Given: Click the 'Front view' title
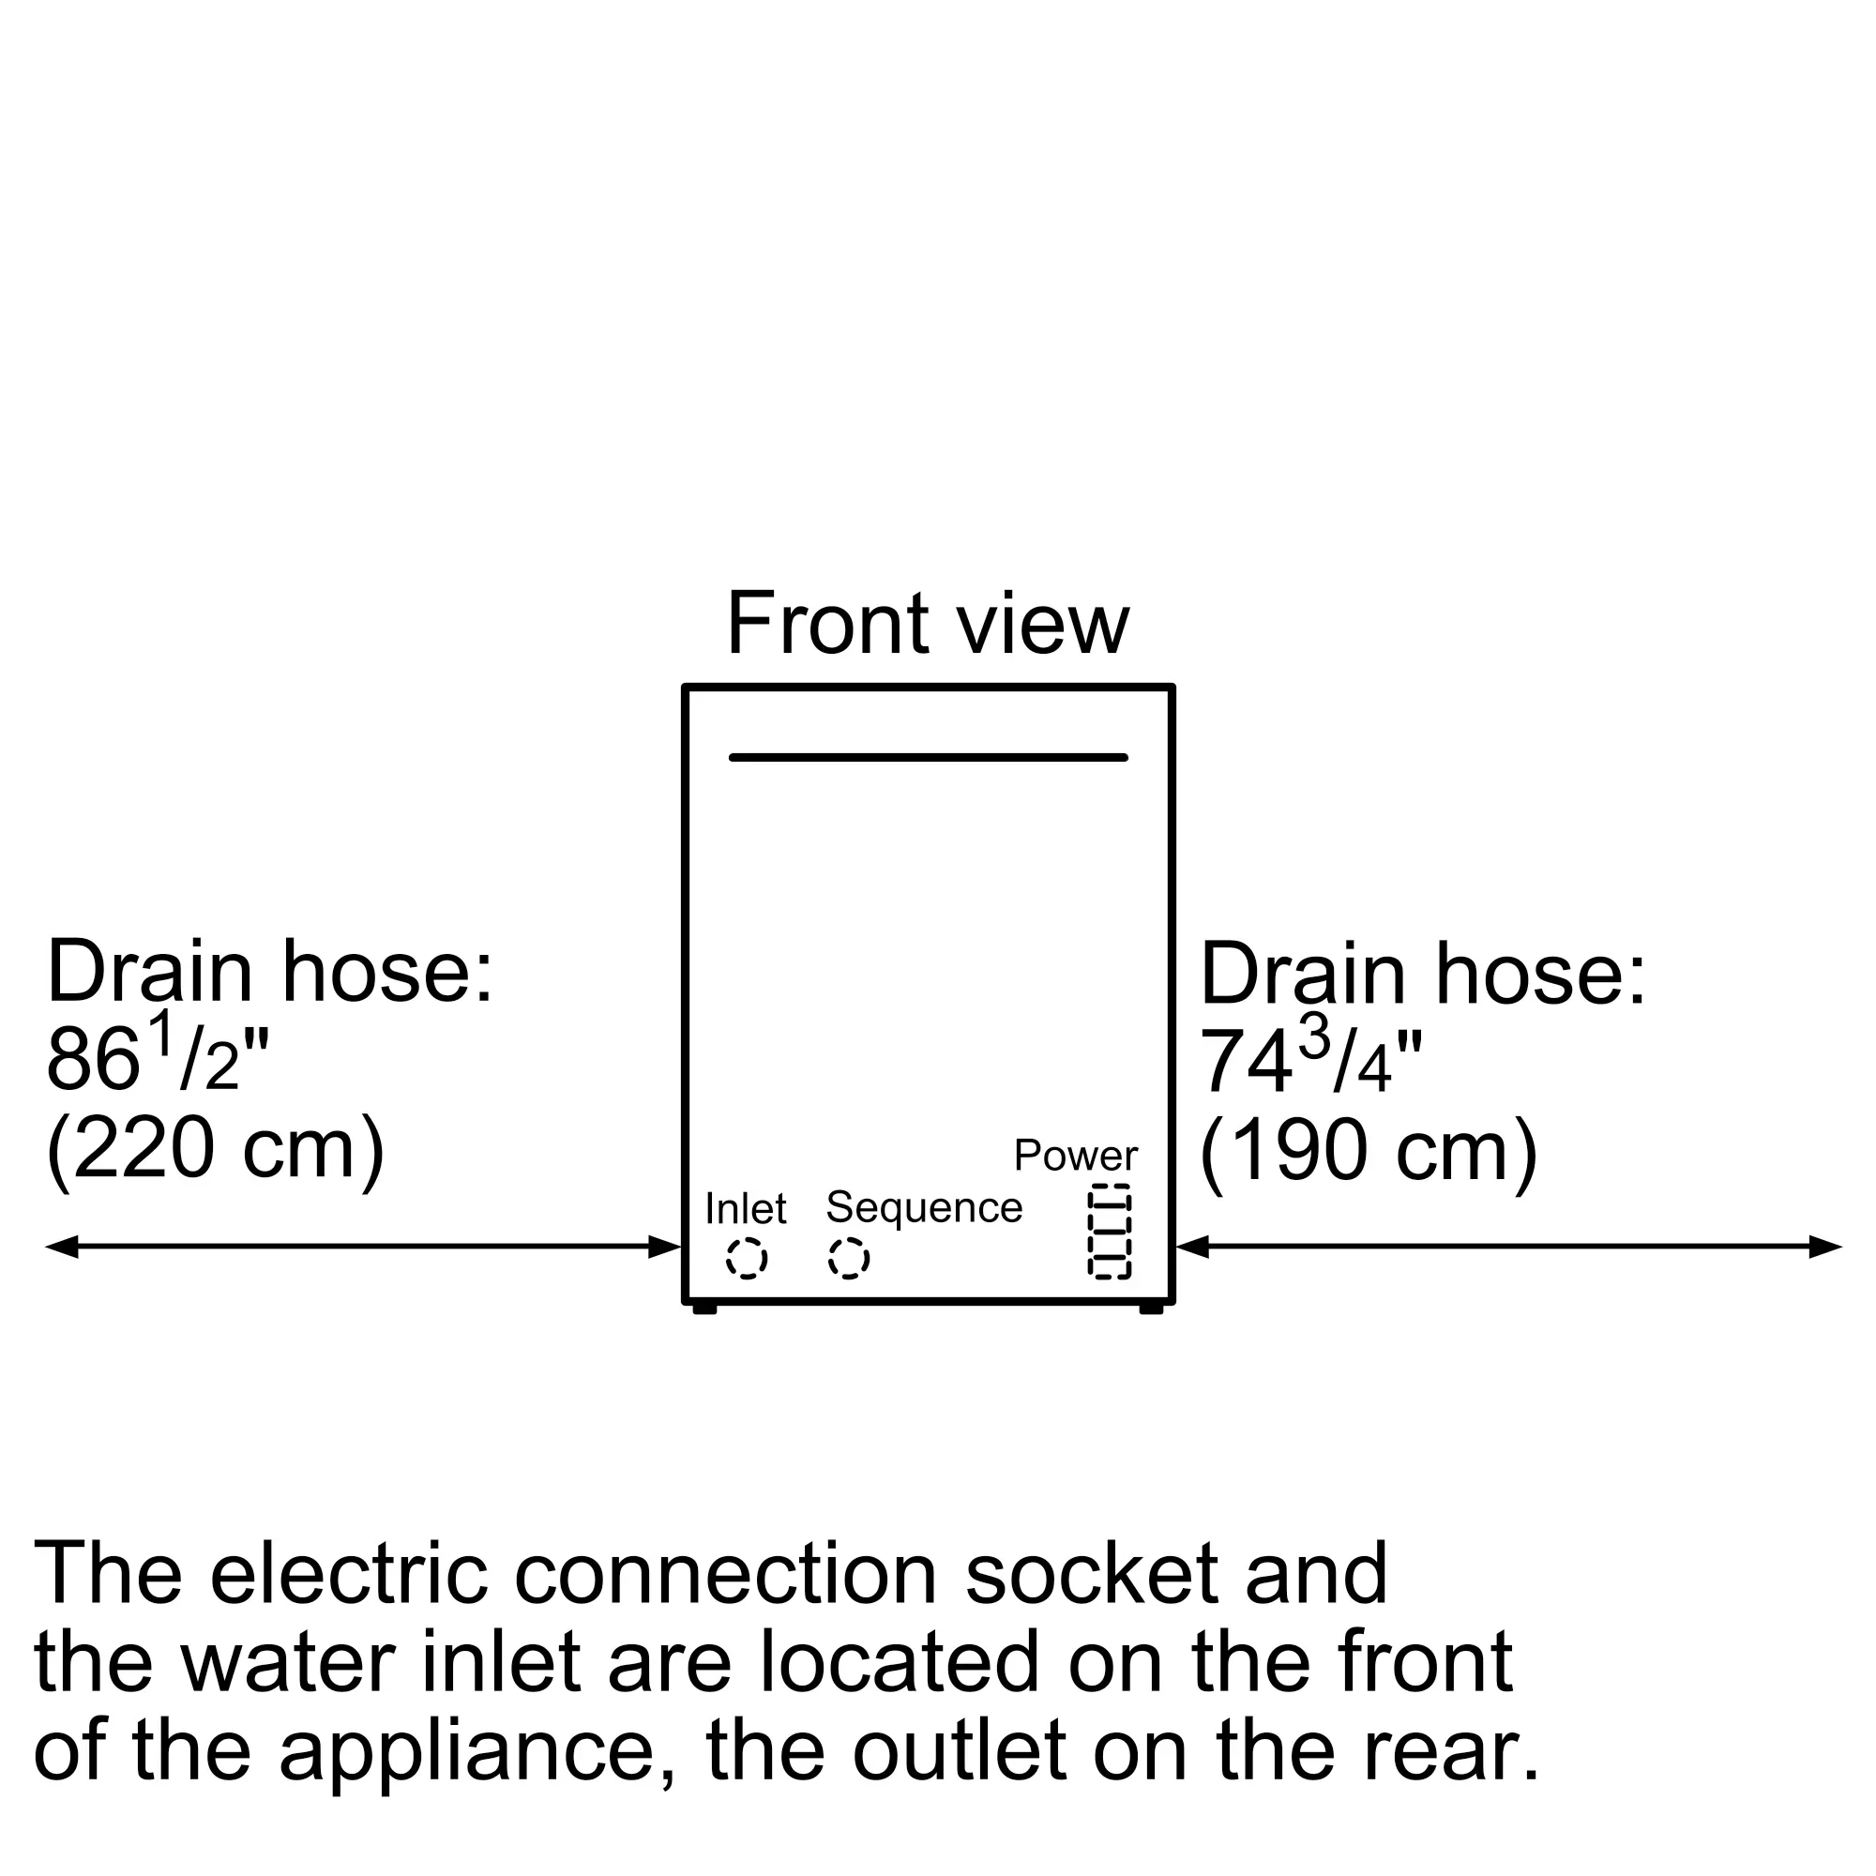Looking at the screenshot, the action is coord(928,624).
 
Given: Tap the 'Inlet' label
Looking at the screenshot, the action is coord(745,1209).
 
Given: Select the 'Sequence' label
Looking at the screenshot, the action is coord(923,1207).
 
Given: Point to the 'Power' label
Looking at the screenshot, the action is coord(1075,1156).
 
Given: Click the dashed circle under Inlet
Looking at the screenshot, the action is coord(746,1260).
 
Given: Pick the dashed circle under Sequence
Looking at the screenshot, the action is coord(849,1259).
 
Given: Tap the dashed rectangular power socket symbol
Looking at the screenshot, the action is coord(1109,1232).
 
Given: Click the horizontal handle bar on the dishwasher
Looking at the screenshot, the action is coord(928,757).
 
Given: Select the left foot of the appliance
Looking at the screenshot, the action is coord(704,1309).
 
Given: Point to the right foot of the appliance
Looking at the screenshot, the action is coord(1151,1309).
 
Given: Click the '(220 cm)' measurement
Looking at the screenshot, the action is coord(216,1149).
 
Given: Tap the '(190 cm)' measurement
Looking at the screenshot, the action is coord(1369,1151).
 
